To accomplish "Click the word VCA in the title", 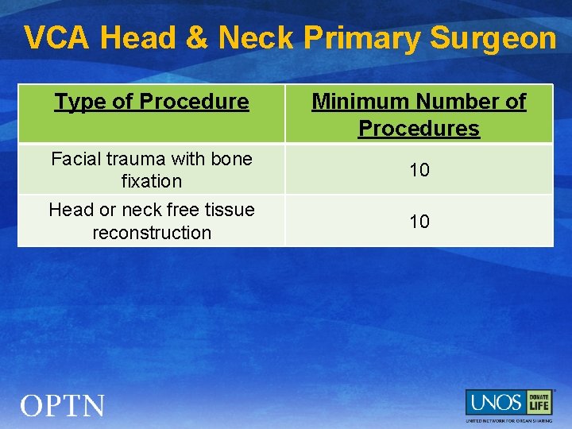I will click(x=57, y=38).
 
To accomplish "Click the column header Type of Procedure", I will click(x=151, y=102).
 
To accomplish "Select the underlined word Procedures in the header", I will click(x=419, y=129).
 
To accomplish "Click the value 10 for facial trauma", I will click(x=419, y=169).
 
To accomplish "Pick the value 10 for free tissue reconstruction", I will click(x=419, y=221).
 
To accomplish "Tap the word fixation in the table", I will click(x=151, y=181).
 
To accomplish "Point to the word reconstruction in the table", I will click(x=151, y=233).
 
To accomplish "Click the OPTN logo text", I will click(x=63, y=407).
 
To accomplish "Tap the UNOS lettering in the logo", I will click(x=495, y=402).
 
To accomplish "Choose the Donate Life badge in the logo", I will click(x=539, y=402).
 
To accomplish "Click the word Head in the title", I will click(x=141, y=38).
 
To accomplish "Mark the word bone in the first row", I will click(x=233, y=159).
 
